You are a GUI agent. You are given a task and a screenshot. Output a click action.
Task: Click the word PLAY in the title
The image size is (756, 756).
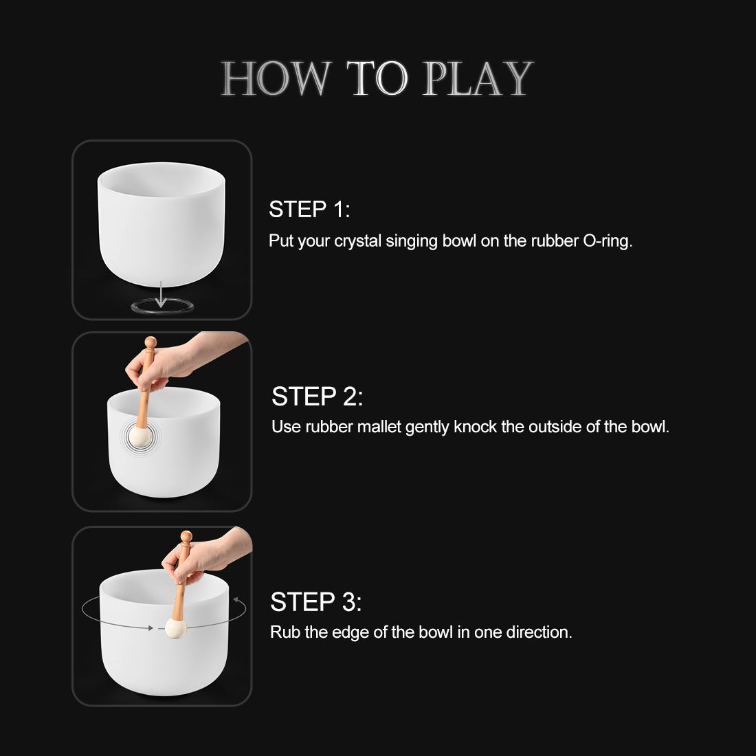[477, 79]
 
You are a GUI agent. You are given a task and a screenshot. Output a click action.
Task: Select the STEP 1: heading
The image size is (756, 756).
[309, 210]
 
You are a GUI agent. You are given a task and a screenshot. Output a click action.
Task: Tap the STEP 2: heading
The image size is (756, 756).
[317, 397]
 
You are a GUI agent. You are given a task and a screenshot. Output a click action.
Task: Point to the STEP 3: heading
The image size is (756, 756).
[315, 602]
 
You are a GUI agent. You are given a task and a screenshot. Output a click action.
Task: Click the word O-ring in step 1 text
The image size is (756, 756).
[607, 241]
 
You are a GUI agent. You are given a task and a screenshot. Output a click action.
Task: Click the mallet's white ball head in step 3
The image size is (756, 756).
[176, 628]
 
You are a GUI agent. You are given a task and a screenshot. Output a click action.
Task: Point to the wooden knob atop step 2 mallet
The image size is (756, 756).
[151, 342]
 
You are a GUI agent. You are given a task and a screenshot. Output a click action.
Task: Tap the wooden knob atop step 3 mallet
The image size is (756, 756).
[186, 537]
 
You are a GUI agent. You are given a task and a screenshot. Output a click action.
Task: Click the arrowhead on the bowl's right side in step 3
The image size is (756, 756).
[236, 601]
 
